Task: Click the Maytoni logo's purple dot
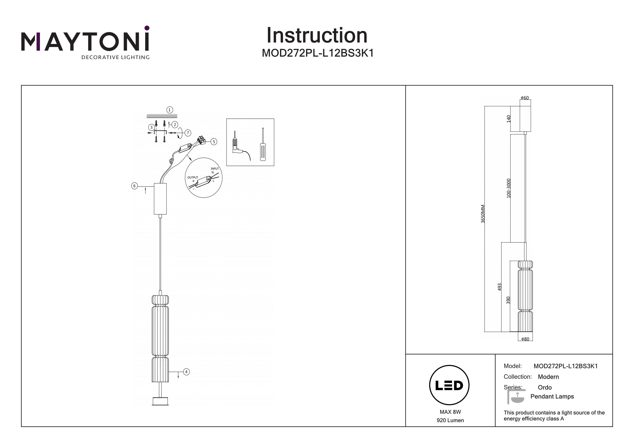pyautogui.click(x=147, y=28)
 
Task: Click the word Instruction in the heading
pyautogui.click(x=317, y=36)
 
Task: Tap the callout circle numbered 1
pyautogui.click(x=169, y=110)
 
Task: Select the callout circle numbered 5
pyautogui.click(x=214, y=142)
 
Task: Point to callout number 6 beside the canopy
pyautogui.click(x=134, y=186)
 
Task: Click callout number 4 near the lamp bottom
pyautogui.click(x=186, y=372)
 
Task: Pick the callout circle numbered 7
pyautogui.click(x=188, y=133)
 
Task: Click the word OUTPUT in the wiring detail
pyautogui.click(x=193, y=177)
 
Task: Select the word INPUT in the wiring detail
pyautogui.click(x=215, y=169)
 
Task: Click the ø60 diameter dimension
pyautogui.click(x=525, y=98)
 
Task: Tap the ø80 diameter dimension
pyautogui.click(x=525, y=339)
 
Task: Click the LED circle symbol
pyautogui.click(x=449, y=385)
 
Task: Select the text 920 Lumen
pyautogui.click(x=450, y=420)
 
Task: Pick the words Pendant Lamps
pyautogui.click(x=552, y=396)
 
